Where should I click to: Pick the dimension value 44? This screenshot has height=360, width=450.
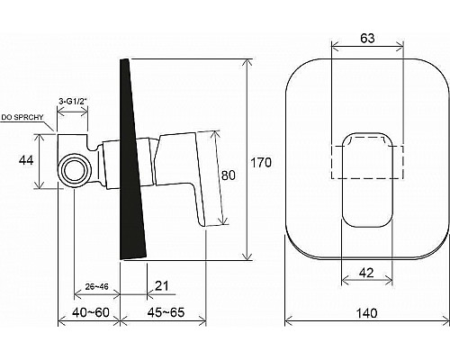(27, 160)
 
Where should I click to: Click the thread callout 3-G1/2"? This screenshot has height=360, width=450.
(72, 101)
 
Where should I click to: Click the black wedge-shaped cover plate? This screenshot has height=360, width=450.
(134, 162)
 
